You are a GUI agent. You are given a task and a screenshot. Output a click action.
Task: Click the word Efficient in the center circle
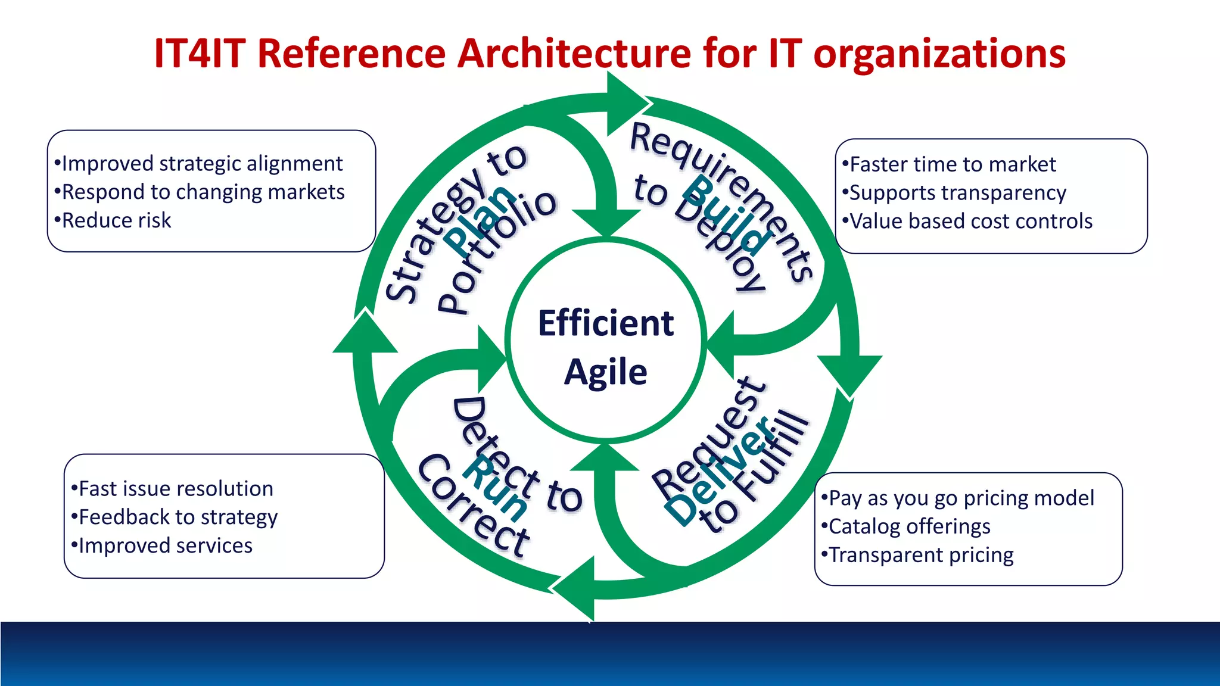(x=605, y=323)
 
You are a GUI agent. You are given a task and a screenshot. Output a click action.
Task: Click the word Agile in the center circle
(x=605, y=373)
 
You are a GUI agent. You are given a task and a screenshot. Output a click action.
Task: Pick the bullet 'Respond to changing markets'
(x=203, y=192)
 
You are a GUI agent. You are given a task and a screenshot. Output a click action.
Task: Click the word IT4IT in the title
(x=200, y=54)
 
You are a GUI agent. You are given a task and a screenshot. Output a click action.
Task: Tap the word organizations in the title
(x=939, y=54)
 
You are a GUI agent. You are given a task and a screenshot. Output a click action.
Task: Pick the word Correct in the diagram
(x=474, y=506)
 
